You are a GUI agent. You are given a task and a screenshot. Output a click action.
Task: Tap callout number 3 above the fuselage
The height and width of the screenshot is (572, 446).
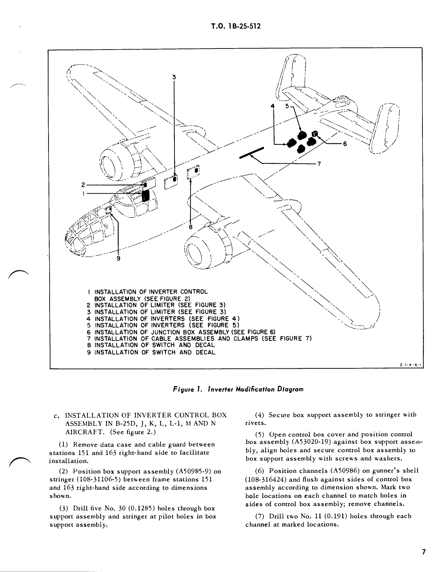pos(174,77)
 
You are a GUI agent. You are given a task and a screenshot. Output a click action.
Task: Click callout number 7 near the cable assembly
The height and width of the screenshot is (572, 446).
pos(319,164)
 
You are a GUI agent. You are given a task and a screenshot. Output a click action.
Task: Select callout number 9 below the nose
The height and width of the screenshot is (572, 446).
pos(118,259)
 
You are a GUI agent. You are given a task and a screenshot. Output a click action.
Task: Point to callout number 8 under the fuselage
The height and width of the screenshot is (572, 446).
pos(191,227)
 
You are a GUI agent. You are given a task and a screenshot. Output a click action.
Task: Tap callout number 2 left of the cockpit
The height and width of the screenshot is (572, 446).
pos(83,185)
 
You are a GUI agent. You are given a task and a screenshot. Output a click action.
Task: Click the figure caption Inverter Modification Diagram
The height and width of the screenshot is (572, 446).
pos(238,389)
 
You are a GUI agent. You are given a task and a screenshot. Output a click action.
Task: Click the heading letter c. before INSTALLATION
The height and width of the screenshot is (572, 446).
pos(56,415)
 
